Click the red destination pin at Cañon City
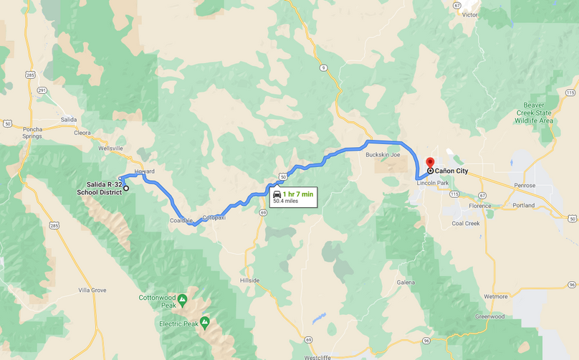[x=430, y=163]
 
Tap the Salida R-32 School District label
[x=100, y=189]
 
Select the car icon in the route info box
[x=277, y=194]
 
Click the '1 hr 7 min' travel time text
[x=298, y=194]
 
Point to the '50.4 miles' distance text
[x=285, y=202]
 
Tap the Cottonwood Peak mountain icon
[x=182, y=298]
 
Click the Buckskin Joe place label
[x=382, y=154]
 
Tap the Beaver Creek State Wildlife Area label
[x=533, y=113]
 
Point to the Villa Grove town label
[x=92, y=290]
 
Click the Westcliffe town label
[x=317, y=356]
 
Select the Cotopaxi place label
[x=214, y=217]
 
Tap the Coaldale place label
[x=181, y=220]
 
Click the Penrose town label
[x=524, y=185]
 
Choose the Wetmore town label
[x=495, y=295]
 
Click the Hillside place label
[x=249, y=280]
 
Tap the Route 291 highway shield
[x=42, y=90]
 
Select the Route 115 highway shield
[x=570, y=93]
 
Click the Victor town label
[x=470, y=14]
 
